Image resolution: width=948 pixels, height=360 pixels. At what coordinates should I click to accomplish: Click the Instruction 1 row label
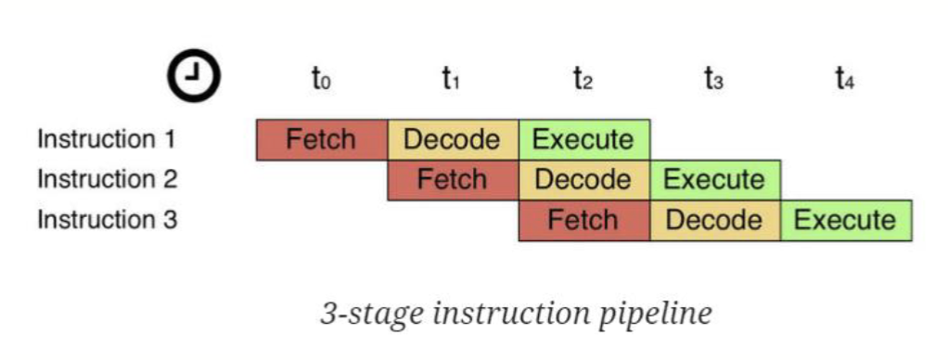click(x=107, y=140)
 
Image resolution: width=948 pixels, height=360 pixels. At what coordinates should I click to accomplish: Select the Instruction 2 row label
click(x=107, y=179)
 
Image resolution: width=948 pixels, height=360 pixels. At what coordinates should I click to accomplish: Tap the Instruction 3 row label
click(x=107, y=220)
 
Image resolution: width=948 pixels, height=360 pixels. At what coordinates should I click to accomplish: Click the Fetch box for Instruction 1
click(x=321, y=140)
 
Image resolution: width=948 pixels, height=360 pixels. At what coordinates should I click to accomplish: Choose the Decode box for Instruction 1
click(x=453, y=140)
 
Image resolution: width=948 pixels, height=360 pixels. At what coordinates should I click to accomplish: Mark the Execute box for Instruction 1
click(x=583, y=140)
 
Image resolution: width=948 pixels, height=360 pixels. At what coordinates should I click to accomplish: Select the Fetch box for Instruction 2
click(x=453, y=179)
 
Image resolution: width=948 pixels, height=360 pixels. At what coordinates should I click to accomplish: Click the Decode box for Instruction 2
click(x=583, y=179)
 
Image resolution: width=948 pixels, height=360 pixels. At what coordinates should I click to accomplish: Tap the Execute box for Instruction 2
click(x=714, y=179)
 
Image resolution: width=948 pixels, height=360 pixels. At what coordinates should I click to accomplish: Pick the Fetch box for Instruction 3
click(x=583, y=220)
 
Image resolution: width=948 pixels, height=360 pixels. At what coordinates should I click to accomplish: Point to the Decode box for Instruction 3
click(x=714, y=220)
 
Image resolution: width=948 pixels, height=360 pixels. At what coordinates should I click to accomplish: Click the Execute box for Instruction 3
click(x=846, y=220)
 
